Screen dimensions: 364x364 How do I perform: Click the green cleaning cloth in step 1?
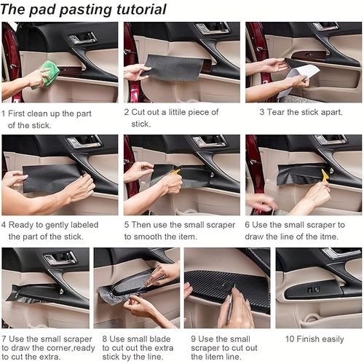click(49, 72)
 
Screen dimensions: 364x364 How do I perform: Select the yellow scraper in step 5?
click(176, 175)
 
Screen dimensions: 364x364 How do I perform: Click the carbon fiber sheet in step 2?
click(174, 68)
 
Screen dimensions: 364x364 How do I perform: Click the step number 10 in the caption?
click(290, 339)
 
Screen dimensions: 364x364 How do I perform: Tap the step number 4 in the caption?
click(4, 226)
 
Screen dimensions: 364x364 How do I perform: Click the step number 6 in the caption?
click(248, 226)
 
